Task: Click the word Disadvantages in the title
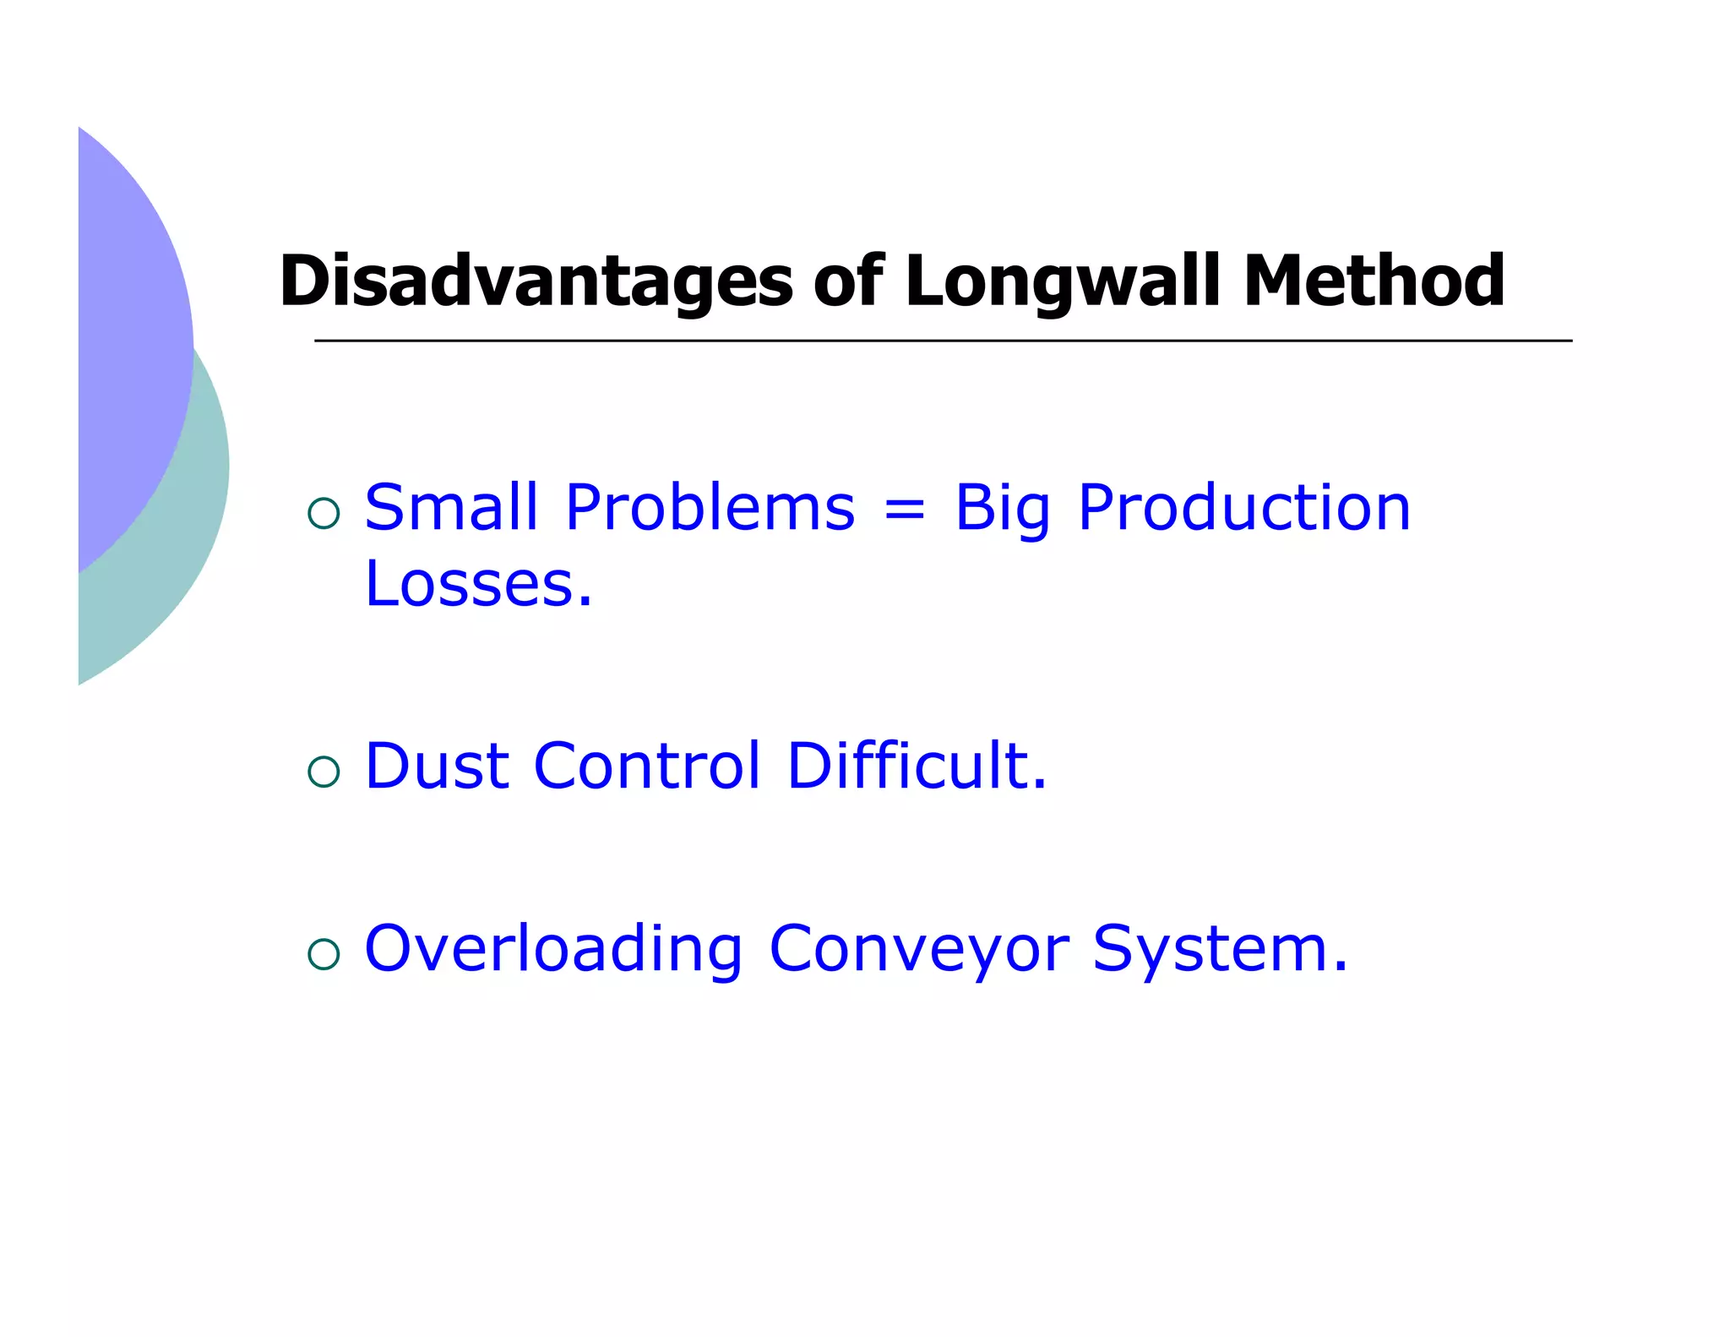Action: [536, 281]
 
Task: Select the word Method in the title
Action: [1374, 281]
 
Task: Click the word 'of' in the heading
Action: [848, 281]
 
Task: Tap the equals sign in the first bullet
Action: [904, 510]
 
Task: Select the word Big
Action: [1002, 510]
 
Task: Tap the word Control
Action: [647, 766]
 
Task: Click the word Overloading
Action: [553, 950]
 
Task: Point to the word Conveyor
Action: [919, 950]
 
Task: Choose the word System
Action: [1220, 950]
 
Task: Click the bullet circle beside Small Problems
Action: [324, 513]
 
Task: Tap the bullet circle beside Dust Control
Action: [324, 772]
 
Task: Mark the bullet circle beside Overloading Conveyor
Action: [324, 954]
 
